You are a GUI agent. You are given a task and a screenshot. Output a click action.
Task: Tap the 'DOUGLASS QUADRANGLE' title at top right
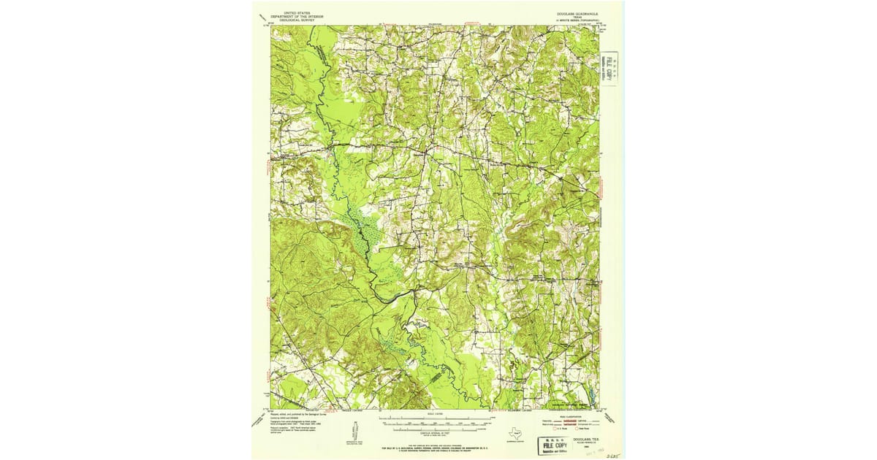click(575, 13)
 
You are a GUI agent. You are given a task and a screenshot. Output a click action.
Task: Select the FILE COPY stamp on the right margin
click(609, 69)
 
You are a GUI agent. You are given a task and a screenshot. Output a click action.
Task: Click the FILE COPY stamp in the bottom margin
click(555, 444)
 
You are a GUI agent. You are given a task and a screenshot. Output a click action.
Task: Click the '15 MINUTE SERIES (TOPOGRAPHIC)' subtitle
click(575, 20)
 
